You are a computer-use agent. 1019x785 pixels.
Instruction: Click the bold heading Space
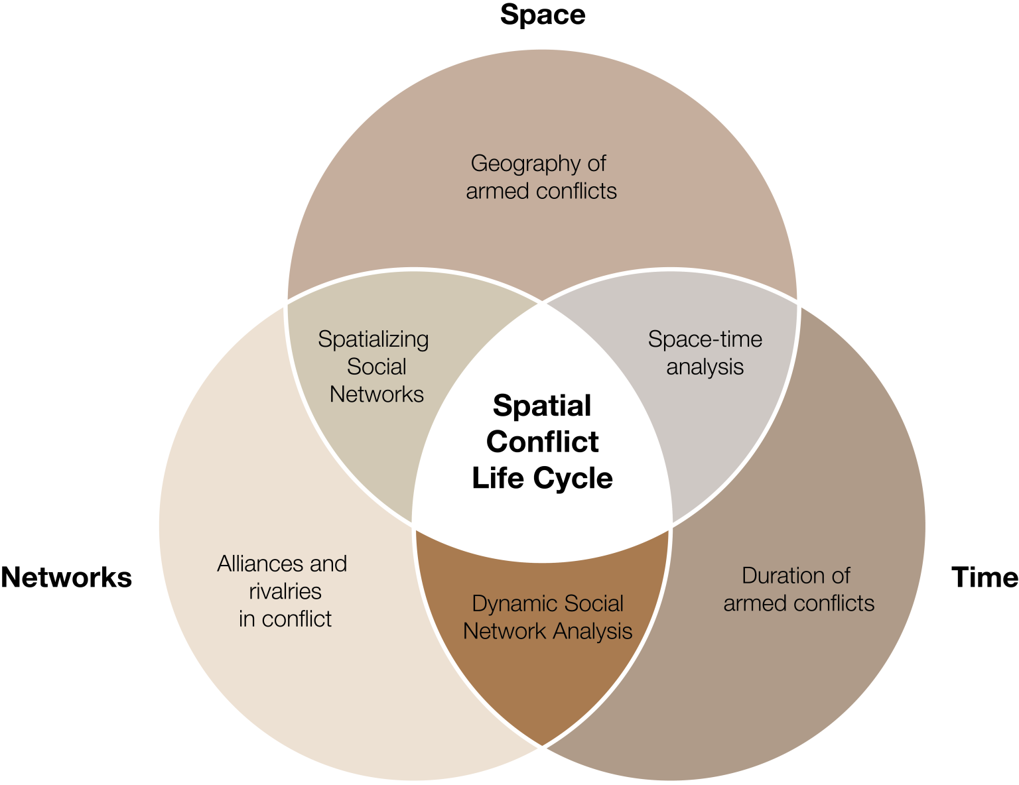(543, 15)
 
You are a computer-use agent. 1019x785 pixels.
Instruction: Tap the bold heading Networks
(66, 577)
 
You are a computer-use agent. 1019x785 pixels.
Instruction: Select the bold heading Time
(985, 577)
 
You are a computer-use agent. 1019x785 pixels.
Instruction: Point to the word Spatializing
(373, 339)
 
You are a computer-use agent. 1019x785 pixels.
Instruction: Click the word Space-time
(705, 339)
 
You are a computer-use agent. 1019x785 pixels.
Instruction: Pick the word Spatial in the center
(542, 406)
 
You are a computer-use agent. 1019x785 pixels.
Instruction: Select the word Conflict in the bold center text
(542, 442)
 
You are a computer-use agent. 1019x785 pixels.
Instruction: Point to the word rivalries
(285, 591)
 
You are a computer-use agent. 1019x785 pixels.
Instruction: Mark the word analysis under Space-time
(705, 367)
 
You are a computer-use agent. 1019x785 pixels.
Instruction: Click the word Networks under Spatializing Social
(376, 394)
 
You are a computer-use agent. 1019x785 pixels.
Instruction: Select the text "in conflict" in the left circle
(285, 619)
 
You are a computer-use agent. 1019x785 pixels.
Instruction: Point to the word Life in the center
(497, 478)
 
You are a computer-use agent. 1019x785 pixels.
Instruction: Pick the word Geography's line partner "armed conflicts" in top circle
(541, 192)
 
